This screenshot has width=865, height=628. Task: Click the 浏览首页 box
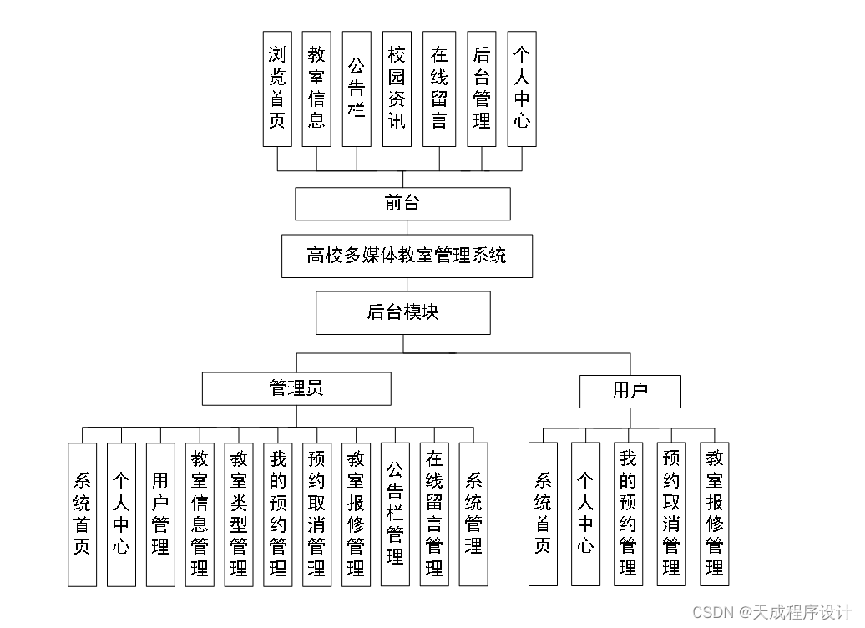tap(277, 89)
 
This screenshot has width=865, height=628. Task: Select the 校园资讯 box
tap(397, 89)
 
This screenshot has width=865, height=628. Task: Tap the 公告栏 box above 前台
tap(357, 89)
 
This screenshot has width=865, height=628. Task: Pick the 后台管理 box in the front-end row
tap(482, 89)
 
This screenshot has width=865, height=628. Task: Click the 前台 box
tap(402, 204)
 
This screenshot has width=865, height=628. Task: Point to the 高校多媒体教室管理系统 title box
tap(407, 256)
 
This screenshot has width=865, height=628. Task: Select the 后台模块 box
tap(403, 312)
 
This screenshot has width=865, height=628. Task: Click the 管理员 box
tap(296, 388)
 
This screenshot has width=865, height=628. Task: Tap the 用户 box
tap(630, 391)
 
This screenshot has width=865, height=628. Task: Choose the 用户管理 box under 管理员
tap(160, 514)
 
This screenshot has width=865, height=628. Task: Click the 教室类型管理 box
tap(239, 514)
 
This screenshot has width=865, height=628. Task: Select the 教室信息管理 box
tap(200, 514)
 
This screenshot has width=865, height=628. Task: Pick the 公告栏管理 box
tap(395, 514)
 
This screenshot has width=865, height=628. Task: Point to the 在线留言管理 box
tap(434, 514)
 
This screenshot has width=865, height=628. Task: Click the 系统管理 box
tap(473, 514)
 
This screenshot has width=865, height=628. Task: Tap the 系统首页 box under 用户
tap(543, 514)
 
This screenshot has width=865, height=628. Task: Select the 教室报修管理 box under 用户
tap(715, 514)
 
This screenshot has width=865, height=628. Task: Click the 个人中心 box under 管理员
tap(121, 514)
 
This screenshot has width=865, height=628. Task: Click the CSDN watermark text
tap(771, 612)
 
